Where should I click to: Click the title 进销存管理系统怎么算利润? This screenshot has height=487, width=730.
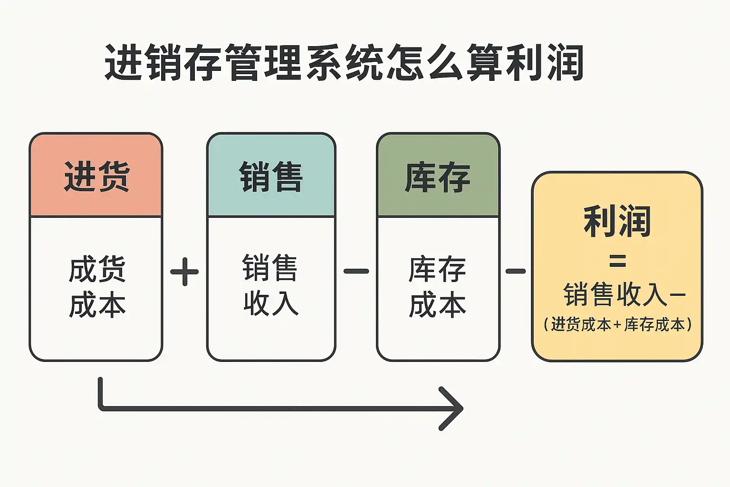pos(343,62)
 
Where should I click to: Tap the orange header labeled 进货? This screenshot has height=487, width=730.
pos(96,176)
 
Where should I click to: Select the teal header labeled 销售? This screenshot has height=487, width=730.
pos(271,176)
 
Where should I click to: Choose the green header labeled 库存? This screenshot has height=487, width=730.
pos(438,176)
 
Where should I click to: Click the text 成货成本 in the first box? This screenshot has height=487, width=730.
pos(97,287)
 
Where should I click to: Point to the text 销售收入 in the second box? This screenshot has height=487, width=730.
pos(271,285)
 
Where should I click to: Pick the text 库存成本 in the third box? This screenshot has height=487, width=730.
pos(438,287)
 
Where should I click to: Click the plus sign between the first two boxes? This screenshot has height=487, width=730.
pos(184,272)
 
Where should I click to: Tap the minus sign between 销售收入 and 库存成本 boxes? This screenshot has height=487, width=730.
pos(356,272)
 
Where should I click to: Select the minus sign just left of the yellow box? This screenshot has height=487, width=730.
pos(516,272)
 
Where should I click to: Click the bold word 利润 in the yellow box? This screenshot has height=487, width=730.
pos(617,221)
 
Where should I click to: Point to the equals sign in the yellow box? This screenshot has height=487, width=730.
pos(617,261)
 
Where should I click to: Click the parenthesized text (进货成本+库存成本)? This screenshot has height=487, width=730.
pos(617,325)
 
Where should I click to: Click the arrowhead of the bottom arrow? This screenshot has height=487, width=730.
pos(454,409)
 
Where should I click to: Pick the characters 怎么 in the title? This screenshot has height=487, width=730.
pos(424,62)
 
